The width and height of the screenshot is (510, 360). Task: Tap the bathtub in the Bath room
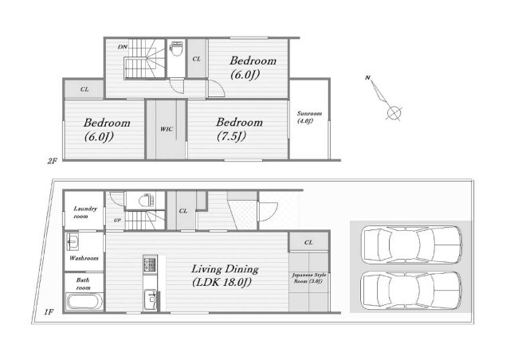pos(84,302)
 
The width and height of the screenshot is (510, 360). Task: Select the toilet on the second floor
pos(176,49)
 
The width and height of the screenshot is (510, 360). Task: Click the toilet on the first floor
pos(146,201)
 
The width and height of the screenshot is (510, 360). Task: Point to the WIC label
pos(167,129)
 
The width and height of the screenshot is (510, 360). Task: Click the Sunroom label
pos(309,117)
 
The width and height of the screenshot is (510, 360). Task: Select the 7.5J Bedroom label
pos(239,129)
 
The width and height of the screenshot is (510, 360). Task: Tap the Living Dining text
pos(225,269)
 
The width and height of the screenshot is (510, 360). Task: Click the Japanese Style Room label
pos(308,278)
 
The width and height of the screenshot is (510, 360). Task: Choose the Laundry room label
pos(85,212)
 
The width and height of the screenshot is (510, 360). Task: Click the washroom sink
pos(73,241)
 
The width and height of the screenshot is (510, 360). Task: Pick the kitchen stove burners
pos(150,264)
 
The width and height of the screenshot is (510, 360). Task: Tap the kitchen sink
pos(151,299)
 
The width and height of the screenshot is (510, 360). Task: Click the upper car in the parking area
pos(413,245)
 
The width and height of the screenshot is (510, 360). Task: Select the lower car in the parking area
pos(412,291)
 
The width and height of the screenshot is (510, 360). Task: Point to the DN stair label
pos(122,47)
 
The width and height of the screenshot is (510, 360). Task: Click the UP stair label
pos(117,220)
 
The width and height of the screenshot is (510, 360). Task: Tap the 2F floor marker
pos(52,161)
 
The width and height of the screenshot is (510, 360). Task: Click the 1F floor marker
pos(49,312)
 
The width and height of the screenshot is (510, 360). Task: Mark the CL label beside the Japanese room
pos(308,242)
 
